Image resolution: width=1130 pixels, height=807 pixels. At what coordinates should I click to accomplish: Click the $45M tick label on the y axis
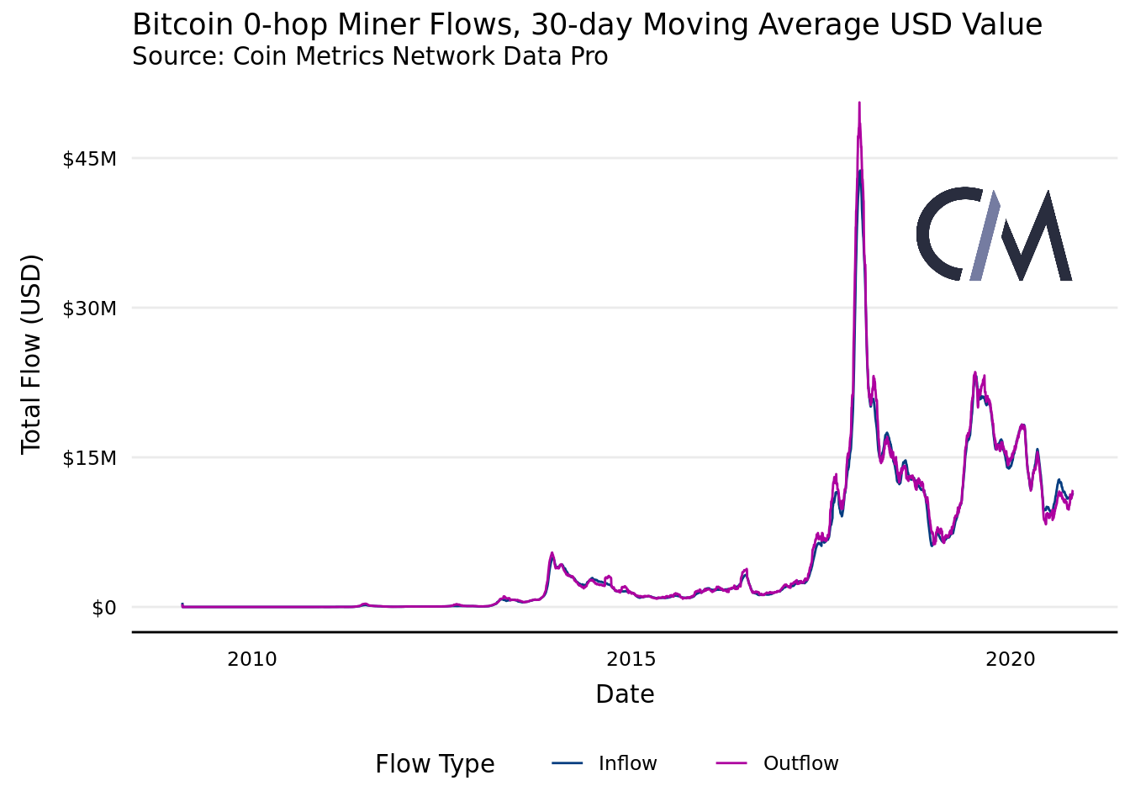pos(89,158)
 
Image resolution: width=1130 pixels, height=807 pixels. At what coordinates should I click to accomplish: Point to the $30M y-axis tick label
pos(89,308)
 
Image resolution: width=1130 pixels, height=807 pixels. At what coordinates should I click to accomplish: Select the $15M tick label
pos(89,458)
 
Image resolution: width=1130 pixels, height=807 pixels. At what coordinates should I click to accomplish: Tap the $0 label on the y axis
pos(104,608)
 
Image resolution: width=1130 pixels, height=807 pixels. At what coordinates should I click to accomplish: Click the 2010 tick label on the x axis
pos(251,659)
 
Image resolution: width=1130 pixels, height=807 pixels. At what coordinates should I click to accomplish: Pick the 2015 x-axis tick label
pos(631,659)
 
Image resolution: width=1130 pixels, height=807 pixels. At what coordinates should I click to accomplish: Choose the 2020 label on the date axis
pos(1010,659)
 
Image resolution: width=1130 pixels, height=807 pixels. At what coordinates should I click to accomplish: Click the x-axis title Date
pos(625,694)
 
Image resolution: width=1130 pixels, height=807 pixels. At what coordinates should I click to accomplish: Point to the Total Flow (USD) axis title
pos(31,353)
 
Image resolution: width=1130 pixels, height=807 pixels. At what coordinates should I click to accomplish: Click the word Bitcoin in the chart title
pos(183,25)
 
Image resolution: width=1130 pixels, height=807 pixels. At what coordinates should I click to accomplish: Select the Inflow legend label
pos(627,763)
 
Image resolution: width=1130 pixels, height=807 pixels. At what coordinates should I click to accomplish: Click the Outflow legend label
pos(800,763)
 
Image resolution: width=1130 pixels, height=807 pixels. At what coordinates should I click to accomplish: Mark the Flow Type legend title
pos(435,764)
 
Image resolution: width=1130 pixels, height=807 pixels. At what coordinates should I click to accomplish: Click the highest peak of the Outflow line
pos(858,103)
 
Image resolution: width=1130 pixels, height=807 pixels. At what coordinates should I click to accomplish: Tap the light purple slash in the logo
pos(985,235)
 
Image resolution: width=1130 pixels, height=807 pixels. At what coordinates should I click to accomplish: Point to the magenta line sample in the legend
pos(731,763)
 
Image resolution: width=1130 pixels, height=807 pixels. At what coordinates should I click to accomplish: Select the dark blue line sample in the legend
pos(568,763)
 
